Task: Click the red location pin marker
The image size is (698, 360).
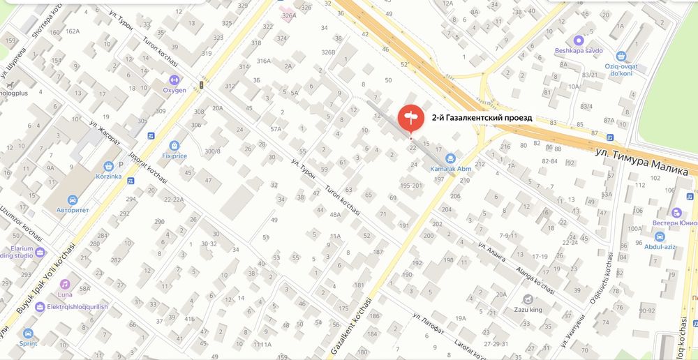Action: pos(410,117)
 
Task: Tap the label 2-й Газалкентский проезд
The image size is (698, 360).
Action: pos(482,118)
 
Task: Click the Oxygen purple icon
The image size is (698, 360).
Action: pos(174,80)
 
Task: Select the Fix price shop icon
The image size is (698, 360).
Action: pos(174,146)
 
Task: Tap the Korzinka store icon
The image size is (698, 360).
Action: pos(109,167)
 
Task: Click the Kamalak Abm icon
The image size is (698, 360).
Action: pos(450,158)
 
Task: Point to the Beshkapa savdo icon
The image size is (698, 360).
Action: pos(577,40)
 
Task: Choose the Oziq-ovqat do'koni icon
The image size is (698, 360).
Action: pos(621,56)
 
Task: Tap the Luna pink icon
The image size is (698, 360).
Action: pos(65,284)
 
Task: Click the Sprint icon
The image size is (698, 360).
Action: pos(29,333)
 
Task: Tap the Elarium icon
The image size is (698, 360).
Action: pos(39,251)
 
